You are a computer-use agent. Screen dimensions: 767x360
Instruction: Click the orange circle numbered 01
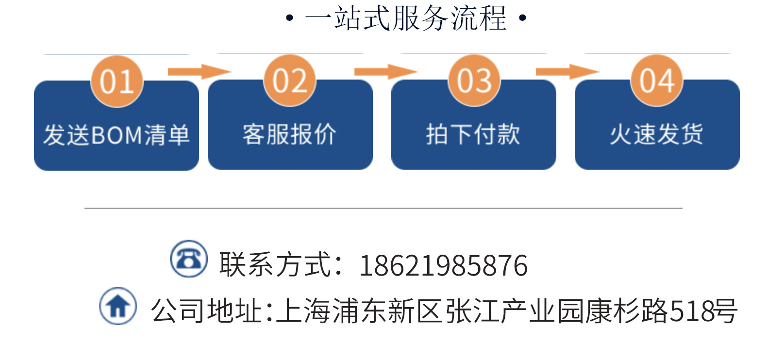point(117,81)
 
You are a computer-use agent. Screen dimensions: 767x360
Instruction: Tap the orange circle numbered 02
point(290,81)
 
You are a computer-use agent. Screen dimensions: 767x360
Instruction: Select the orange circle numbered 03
point(474,81)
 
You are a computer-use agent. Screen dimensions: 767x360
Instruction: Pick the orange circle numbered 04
point(657,81)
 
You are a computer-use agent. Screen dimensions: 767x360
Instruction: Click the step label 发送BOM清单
point(117,135)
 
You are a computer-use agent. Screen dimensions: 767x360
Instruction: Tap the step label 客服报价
point(290,134)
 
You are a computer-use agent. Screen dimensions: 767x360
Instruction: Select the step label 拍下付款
point(473,134)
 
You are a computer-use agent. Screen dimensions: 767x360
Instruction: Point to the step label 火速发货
point(657,134)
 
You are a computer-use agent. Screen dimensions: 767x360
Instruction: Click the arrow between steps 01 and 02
point(199,72)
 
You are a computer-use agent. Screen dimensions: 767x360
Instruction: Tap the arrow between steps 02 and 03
point(385,72)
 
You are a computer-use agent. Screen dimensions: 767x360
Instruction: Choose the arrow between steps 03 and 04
point(567,72)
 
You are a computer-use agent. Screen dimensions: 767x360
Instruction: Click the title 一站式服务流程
point(406,18)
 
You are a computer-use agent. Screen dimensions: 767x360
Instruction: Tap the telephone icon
point(189,259)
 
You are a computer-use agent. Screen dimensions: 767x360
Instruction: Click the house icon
point(118,306)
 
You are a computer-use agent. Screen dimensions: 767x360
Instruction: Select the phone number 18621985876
point(443,265)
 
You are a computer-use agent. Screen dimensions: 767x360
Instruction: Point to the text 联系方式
point(276,265)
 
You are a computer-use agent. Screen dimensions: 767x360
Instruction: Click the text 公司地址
point(207,311)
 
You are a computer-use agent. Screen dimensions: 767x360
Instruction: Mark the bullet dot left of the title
point(290,19)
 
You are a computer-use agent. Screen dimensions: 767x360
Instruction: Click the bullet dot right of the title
point(522,19)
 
